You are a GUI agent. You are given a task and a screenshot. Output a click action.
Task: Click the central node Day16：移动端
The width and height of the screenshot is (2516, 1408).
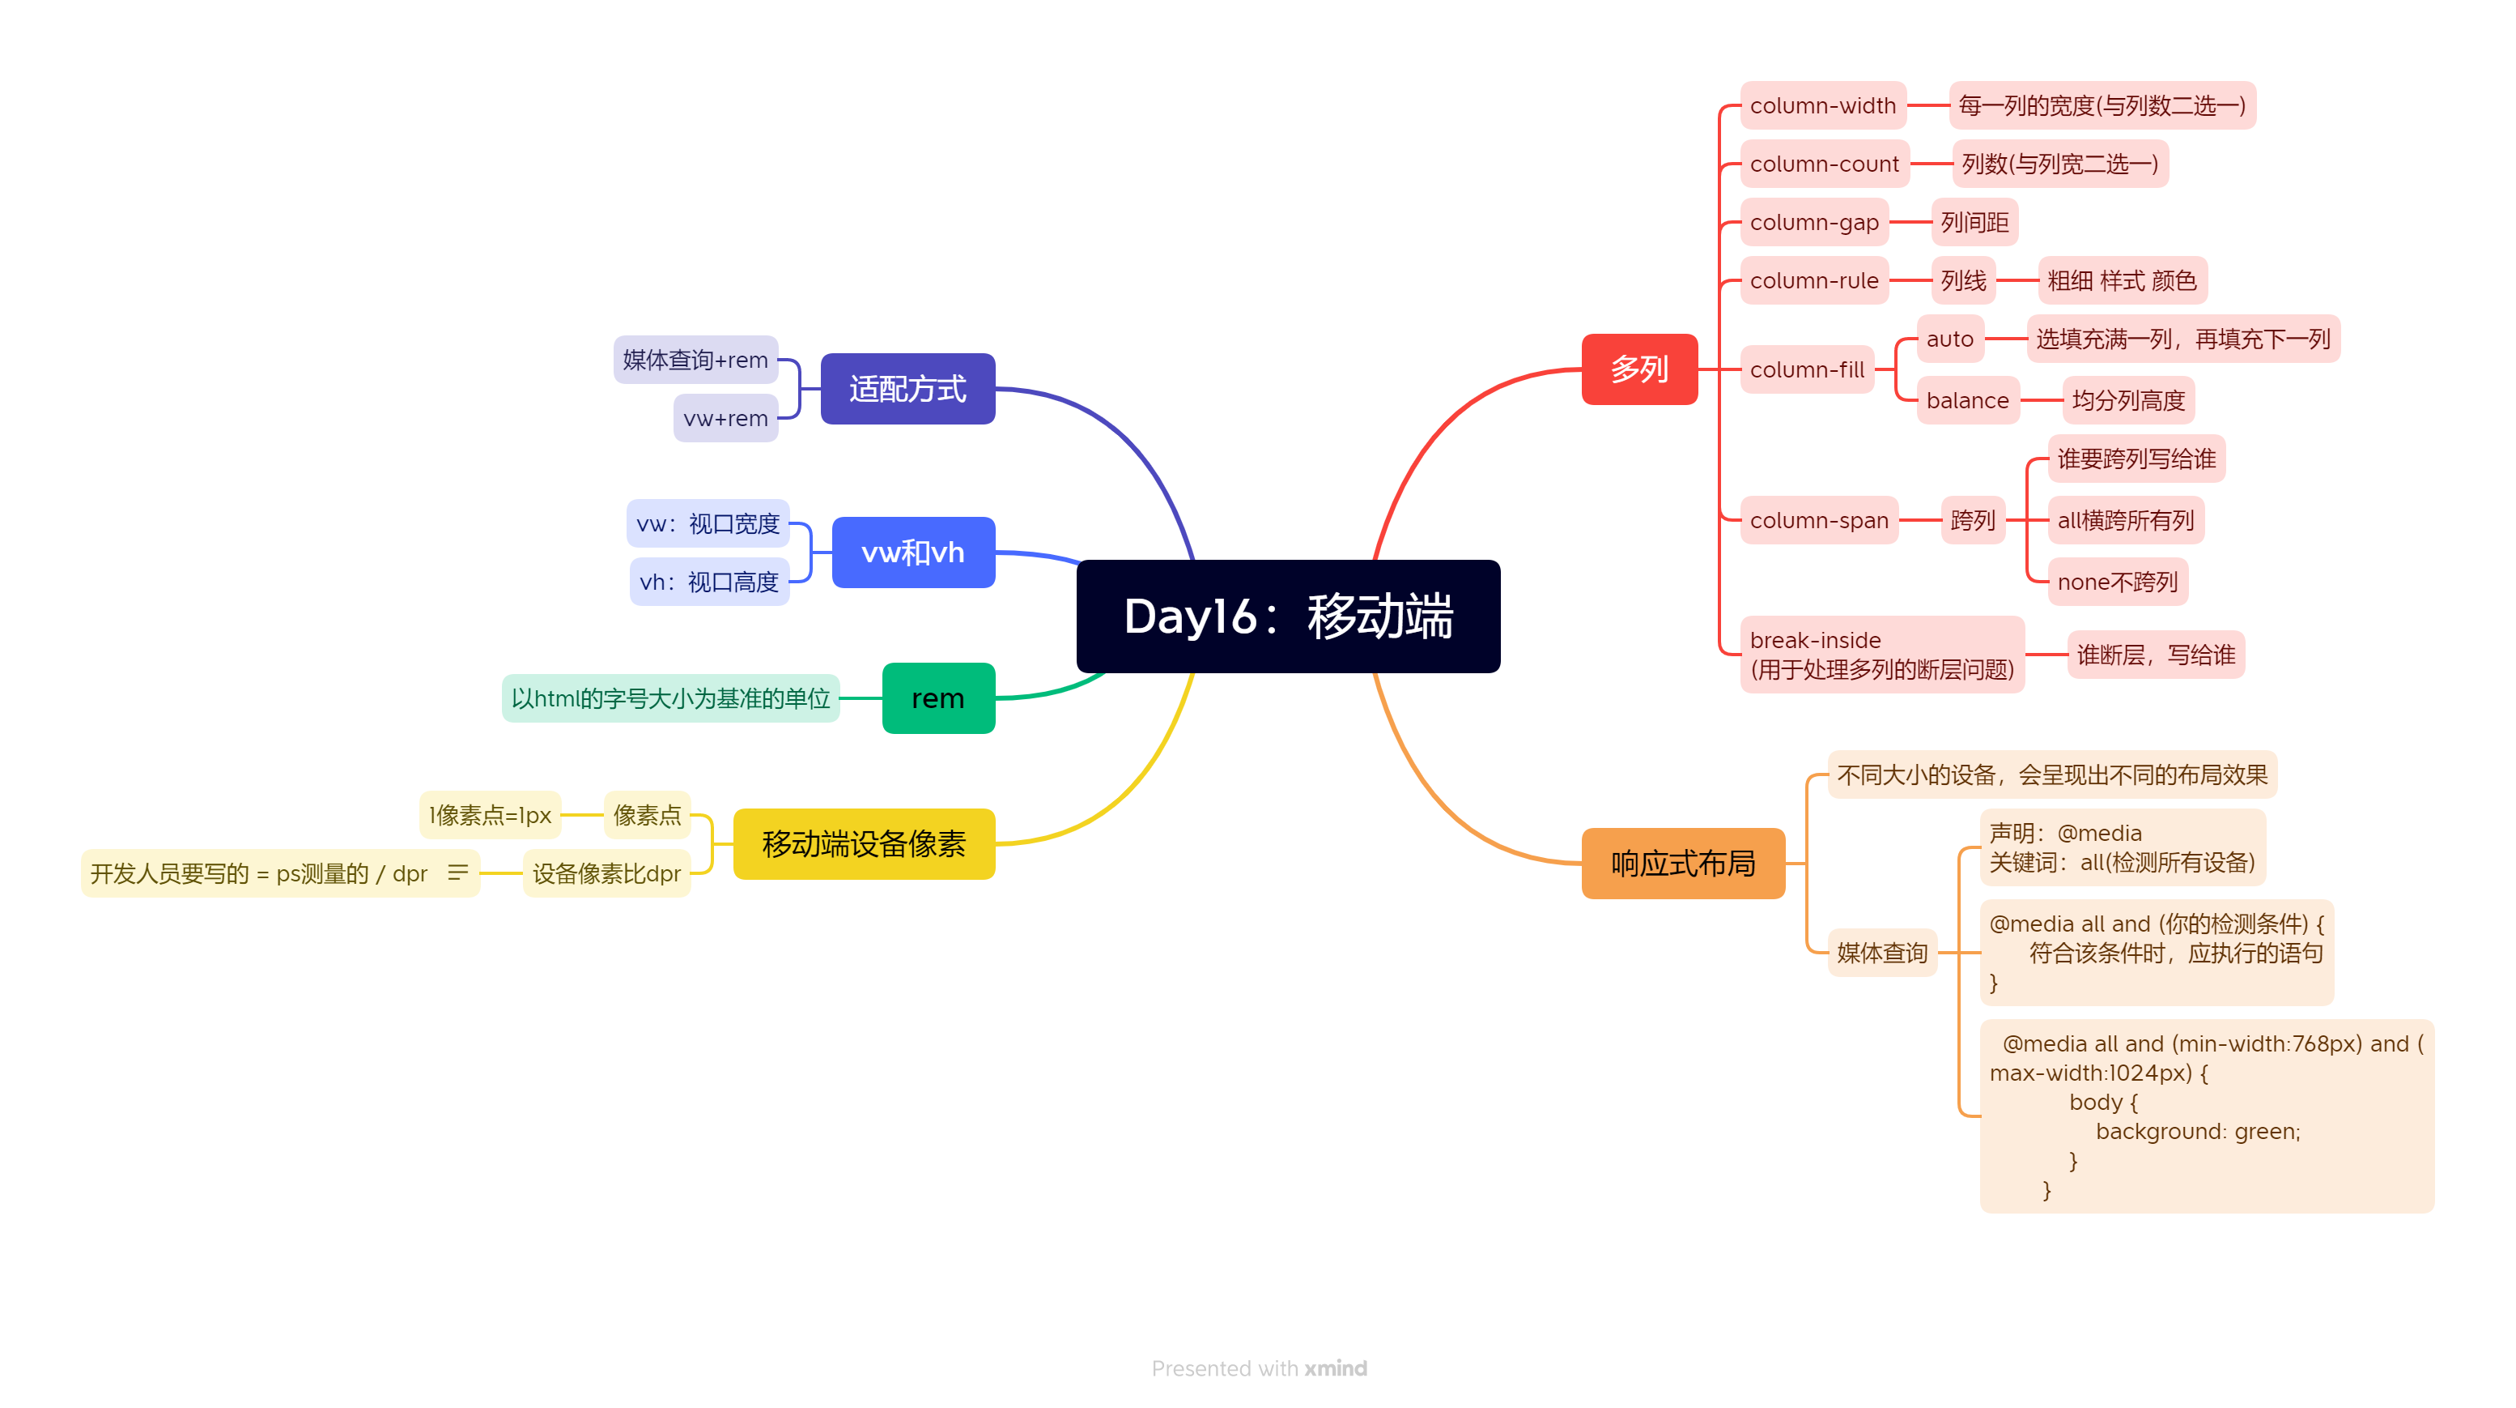pyautogui.click(x=1287, y=617)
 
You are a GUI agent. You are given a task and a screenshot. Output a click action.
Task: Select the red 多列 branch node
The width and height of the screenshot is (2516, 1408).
pyautogui.click(x=1639, y=369)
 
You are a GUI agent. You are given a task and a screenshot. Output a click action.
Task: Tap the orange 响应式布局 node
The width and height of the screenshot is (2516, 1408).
pyautogui.click(x=1682, y=863)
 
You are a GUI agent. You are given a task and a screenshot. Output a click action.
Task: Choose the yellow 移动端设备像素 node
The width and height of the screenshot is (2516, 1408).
pyautogui.click(x=864, y=843)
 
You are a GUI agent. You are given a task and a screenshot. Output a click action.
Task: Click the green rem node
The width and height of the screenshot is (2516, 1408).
pyautogui.click(x=937, y=698)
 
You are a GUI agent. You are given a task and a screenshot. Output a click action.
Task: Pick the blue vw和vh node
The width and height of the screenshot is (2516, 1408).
pyautogui.click(x=912, y=552)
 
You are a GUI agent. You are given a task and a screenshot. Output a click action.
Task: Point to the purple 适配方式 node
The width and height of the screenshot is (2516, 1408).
pyautogui.click(x=907, y=389)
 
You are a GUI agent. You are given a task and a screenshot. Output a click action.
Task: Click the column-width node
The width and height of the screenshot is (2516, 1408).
pyautogui.click(x=1821, y=105)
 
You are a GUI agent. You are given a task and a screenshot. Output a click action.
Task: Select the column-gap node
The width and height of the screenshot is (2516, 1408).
pyautogui.click(x=1814, y=223)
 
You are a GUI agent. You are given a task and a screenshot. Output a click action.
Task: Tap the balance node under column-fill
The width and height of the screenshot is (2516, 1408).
pyautogui.click(x=1966, y=401)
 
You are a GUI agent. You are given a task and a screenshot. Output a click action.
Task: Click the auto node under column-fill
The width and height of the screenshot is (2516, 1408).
pyautogui.click(x=1949, y=339)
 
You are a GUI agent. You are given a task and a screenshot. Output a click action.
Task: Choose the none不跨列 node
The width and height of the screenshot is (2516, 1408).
pyautogui.click(x=2117, y=582)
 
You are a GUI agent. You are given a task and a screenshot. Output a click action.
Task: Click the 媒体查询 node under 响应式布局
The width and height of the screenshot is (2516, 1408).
pyautogui.click(x=1881, y=953)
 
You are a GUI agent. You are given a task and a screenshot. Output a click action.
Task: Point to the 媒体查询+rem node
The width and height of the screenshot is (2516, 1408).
pyautogui.click(x=695, y=360)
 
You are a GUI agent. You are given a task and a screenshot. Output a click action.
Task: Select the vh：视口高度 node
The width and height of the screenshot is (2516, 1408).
pyautogui.click(x=708, y=582)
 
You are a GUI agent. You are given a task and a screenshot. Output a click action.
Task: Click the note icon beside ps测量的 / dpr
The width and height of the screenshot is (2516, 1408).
pyautogui.click(x=457, y=872)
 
